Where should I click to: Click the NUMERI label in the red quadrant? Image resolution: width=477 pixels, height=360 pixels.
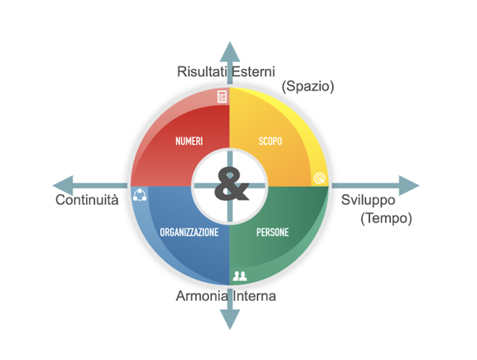[x=189, y=141]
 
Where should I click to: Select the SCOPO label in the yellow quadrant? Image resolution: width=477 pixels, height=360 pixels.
[x=270, y=141]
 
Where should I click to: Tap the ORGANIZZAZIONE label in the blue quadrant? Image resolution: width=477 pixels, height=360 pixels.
[x=189, y=233]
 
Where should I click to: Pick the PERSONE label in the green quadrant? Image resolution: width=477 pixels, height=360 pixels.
[x=273, y=233]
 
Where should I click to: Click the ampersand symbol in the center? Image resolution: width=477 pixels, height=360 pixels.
[x=231, y=185]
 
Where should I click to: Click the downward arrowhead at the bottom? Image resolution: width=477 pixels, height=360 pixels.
[x=230, y=319]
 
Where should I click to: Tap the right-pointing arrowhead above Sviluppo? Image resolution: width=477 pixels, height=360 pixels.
[x=408, y=185]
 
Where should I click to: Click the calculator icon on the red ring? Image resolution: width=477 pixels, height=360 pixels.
[x=221, y=96]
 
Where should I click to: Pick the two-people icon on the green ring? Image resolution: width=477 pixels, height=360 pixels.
[x=239, y=276]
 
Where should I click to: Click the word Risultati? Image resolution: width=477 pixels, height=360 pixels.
[x=203, y=72]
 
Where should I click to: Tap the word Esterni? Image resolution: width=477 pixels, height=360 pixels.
[x=253, y=72]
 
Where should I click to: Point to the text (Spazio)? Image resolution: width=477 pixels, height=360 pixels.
[x=308, y=86]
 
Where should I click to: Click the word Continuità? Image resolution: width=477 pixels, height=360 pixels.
[x=87, y=200]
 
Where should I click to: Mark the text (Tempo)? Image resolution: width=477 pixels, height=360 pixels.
[x=385, y=218]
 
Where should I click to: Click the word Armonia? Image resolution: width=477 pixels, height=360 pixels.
[x=201, y=296]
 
